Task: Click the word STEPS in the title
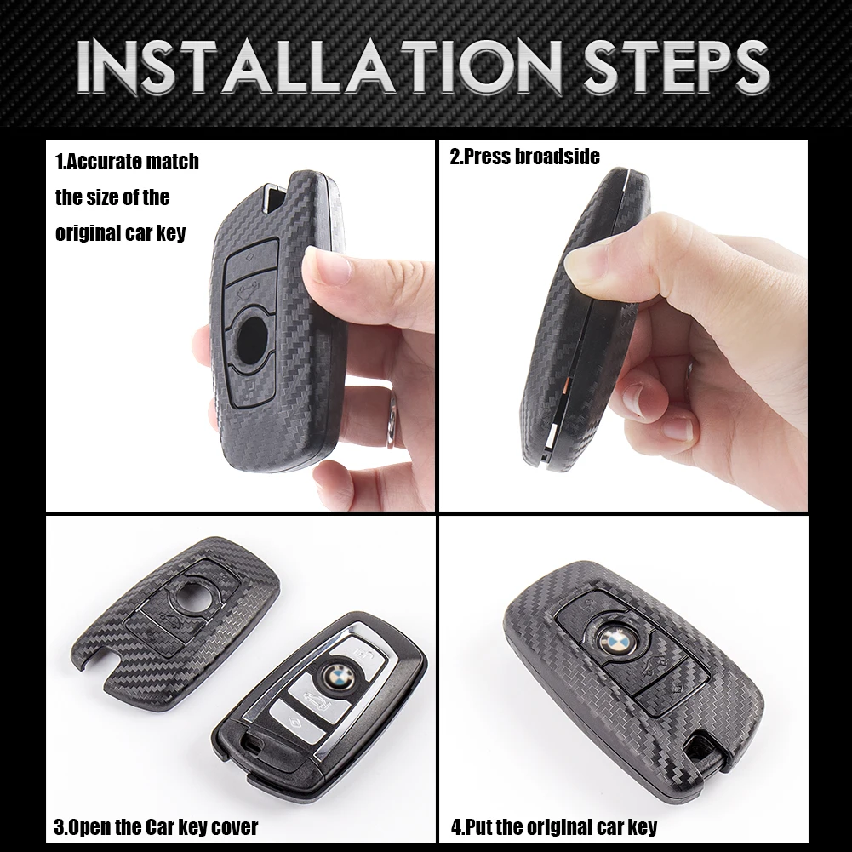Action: (677, 67)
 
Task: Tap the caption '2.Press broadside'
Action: (524, 157)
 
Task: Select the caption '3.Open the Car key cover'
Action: (156, 826)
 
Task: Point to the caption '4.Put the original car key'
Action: (554, 826)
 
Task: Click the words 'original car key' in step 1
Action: (120, 233)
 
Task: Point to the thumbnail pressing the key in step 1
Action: (327, 266)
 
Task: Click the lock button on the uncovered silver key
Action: (361, 650)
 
